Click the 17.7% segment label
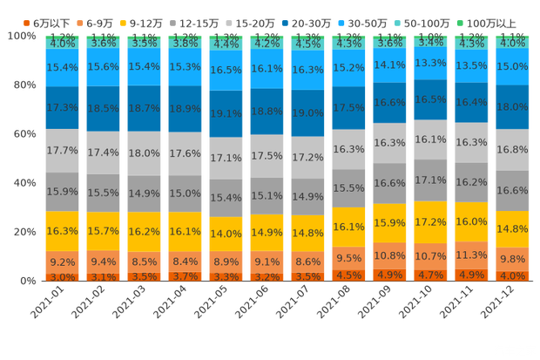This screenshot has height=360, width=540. [62, 150]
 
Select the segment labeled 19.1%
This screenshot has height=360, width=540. [226, 113]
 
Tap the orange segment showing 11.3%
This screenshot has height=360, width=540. [471, 255]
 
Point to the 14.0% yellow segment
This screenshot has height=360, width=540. [226, 234]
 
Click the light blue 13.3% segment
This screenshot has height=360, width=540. [430, 63]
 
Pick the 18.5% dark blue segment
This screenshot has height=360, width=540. [103, 107]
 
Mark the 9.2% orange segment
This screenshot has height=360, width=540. [62, 262]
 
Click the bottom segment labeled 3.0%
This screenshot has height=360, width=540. [62, 277]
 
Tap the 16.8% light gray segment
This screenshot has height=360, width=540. [512, 149]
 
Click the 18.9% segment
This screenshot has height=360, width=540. [185, 109]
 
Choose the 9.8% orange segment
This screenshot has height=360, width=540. [512, 259]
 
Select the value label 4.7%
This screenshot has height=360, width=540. [430, 275]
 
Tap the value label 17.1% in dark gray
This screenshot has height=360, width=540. [430, 180]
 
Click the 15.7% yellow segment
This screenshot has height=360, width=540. [103, 230]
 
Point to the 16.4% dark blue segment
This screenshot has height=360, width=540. [471, 102]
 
